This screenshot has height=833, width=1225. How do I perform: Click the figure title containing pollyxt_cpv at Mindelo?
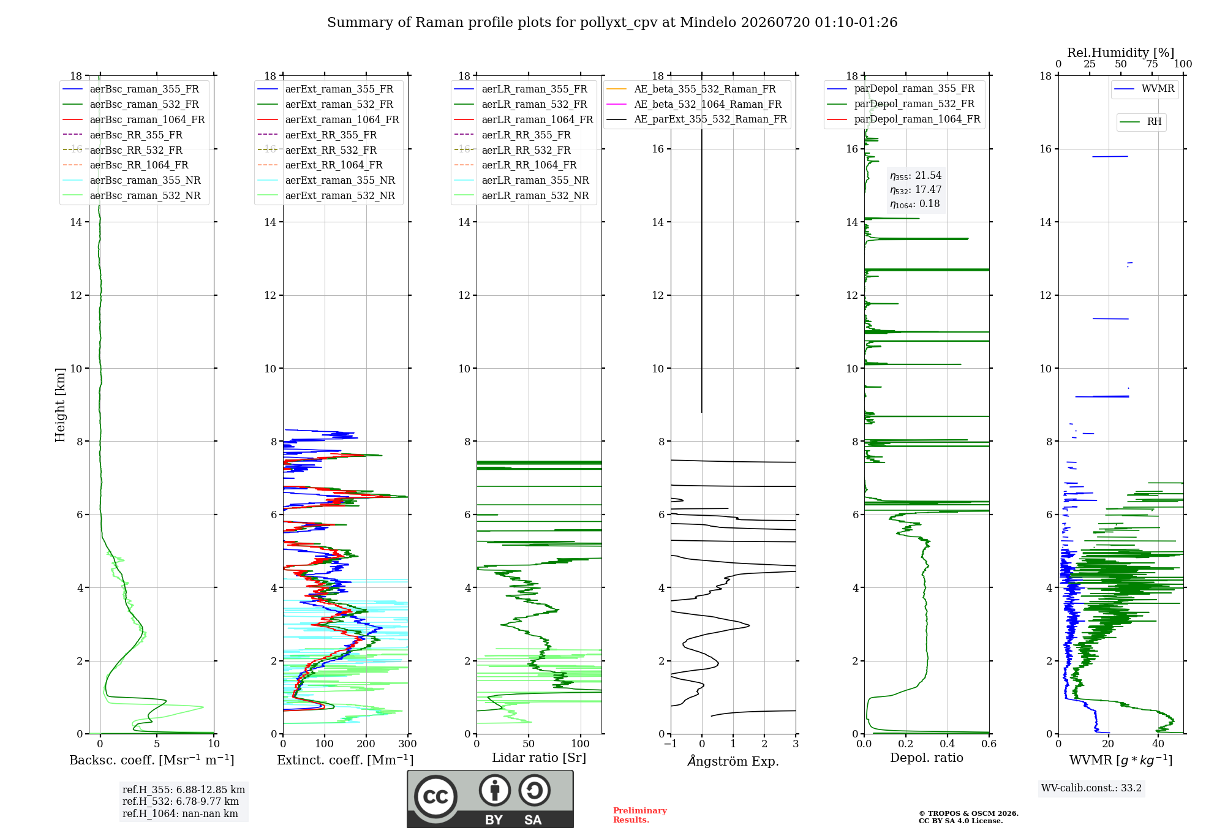[x=612, y=23]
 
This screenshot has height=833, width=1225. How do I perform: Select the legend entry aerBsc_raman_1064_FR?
[x=134, y=119]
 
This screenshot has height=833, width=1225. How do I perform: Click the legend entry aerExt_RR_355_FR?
[x=317, y=135]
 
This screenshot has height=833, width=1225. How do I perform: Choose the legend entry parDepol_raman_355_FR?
[x=901, y=89]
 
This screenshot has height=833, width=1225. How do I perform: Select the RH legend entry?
[x=1140, y=122]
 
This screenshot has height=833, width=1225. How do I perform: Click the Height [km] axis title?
[x=60, y=405]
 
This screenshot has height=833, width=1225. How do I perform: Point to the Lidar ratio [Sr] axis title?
[x=539, y=758]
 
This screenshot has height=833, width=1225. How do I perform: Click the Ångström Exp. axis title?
[x=733, y=761]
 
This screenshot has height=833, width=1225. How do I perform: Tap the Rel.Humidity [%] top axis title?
[x=1121, y=53]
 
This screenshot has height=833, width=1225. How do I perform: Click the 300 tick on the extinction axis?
[x=407, y=744]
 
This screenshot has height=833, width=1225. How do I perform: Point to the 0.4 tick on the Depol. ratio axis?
[x=948, y=744]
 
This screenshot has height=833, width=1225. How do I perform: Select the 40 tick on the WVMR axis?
[x=1158, y=744]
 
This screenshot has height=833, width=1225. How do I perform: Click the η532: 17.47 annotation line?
[x=916, y=190]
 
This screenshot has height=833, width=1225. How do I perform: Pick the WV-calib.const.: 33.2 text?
[x=1091, y=788]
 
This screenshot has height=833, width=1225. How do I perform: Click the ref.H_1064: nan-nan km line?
[x=180, y=814]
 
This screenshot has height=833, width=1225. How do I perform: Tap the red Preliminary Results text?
[x=640, y=815]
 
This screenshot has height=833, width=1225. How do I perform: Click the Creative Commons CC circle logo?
[x=435, y=797]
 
